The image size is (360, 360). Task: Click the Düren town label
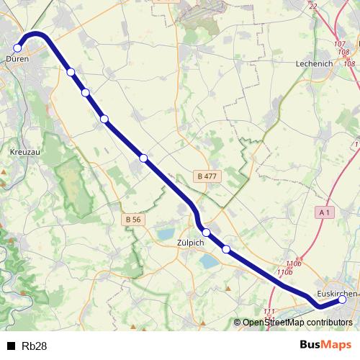pos(17,59)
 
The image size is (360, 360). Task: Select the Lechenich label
pos(315,63)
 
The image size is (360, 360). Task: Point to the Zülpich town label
pos(191,243)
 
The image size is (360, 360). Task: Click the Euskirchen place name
pos(336,293)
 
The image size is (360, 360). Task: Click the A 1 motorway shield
pos(325,212)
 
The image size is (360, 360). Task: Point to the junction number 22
pos(312,6)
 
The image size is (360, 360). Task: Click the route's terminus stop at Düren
pos(18,48)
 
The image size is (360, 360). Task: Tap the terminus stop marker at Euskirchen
pos(342,301)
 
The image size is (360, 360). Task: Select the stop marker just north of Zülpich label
pos(207,232)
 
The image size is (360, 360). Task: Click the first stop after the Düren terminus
pos(71,71)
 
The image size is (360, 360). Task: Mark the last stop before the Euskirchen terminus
pos(226,249)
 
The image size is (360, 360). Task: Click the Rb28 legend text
pos(35,346)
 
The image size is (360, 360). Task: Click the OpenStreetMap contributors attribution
pos(297,323)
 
